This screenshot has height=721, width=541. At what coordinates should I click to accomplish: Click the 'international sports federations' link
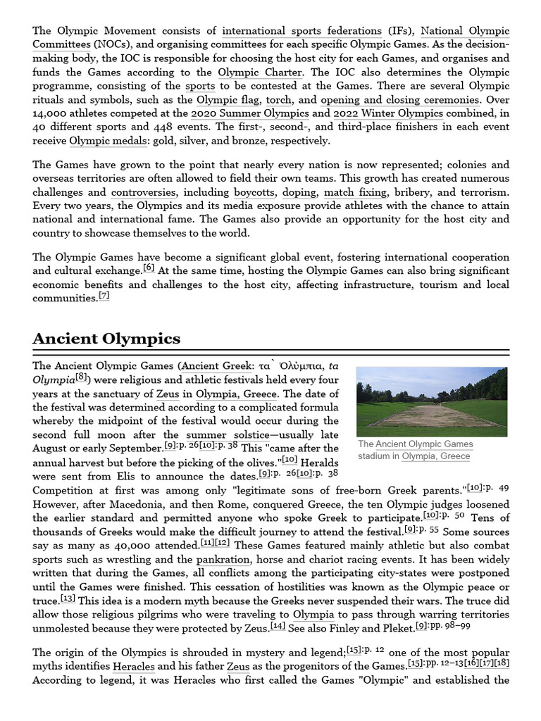tap(301, 31)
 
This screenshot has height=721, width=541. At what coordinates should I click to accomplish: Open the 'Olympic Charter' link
tap(260, 73)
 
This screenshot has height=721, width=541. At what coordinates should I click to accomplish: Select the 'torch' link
tap(278, 100)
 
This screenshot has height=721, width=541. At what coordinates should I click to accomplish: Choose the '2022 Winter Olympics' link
tap(388, 113)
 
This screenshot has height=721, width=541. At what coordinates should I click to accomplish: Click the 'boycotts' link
tap(254, 192)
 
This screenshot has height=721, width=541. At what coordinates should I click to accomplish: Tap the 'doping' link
tap(299, 192)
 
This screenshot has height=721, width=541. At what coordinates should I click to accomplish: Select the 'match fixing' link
tap(355, 192)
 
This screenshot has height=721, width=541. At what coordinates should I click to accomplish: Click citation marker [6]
tap(149, 268)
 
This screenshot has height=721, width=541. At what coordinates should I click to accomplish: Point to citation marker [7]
tap(104, 296)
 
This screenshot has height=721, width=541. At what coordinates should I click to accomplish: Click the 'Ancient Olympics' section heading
tap(106, 339)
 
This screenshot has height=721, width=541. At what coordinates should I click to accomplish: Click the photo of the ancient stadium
tap(431, 401)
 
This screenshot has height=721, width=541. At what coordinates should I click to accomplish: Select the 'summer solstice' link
tap(228, 435)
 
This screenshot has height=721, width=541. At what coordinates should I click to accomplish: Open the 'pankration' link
tap(223, 560)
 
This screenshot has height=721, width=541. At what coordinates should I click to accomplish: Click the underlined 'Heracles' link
tap(133, 666)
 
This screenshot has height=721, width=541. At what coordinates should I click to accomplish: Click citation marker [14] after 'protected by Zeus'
tap(278, 625)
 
